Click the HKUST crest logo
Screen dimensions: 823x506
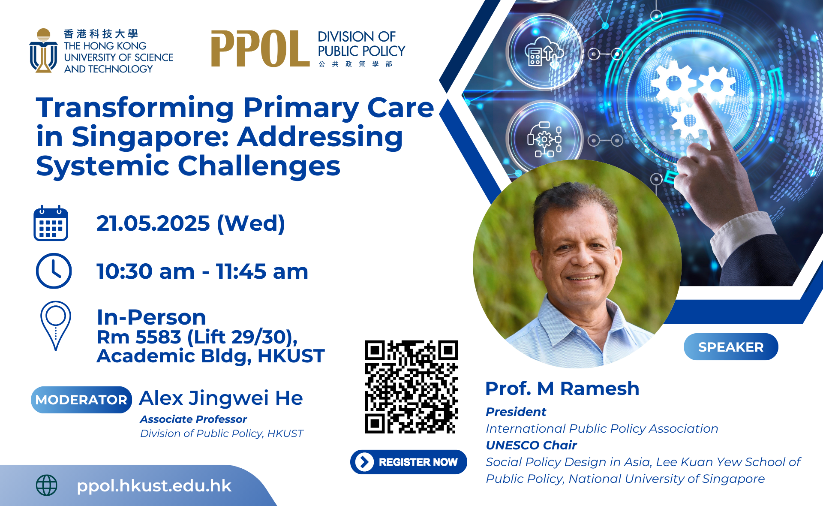(43, 51)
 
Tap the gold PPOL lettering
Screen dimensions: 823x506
(260, 49)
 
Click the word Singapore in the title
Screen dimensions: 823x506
(151, 137)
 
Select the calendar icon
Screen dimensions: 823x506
(51, 223)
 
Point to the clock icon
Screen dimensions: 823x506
(54, 271)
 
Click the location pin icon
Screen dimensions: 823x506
(56, 325)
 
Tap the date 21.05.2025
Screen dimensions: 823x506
(153, 223)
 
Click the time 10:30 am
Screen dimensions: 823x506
(146, 271)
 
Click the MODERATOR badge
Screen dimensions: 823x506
(81, 400)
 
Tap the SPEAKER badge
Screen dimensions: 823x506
(731, 347)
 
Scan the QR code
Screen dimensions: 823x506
(411, 387)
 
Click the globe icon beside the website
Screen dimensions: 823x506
(47, 485)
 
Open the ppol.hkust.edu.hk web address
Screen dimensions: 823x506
(154, 486)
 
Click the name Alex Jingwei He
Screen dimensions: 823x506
(221, 398)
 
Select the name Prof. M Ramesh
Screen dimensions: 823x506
(562, 389)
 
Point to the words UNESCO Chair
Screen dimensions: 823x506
(532, 445)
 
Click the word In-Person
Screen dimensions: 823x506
(151, 317)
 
